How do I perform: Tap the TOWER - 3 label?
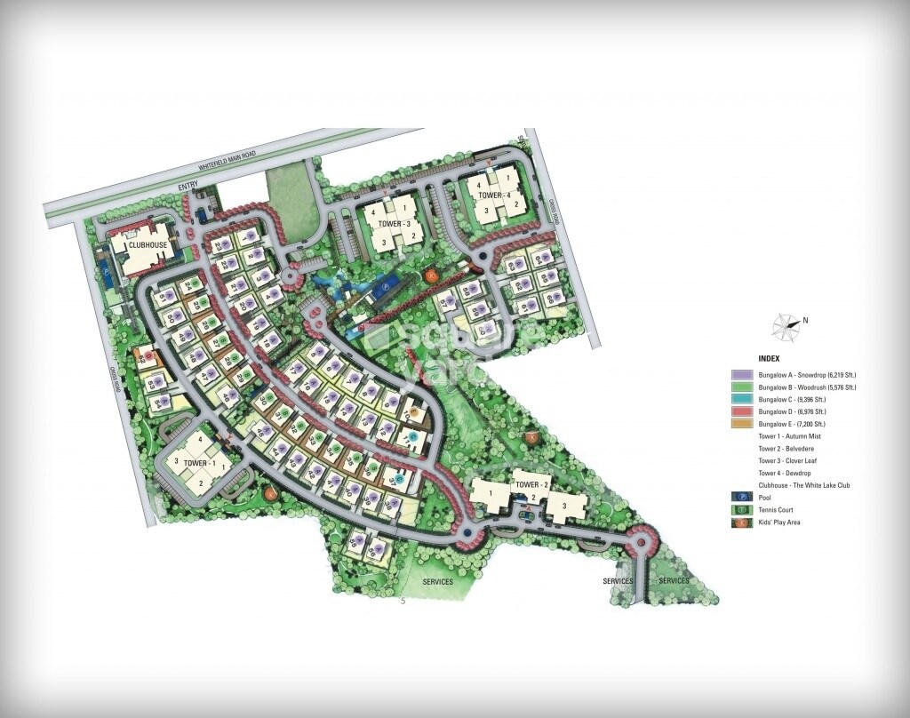[x=387, y=224]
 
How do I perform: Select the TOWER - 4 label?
[x=494, y=195]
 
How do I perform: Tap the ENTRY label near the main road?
[x=186, y=186]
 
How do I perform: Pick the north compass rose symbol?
[x=786, y=326]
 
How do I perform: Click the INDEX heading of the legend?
[x=769, y=358]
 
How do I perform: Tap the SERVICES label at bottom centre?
[x=438, y=582]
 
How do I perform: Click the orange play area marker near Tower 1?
[x=269, y=493]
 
